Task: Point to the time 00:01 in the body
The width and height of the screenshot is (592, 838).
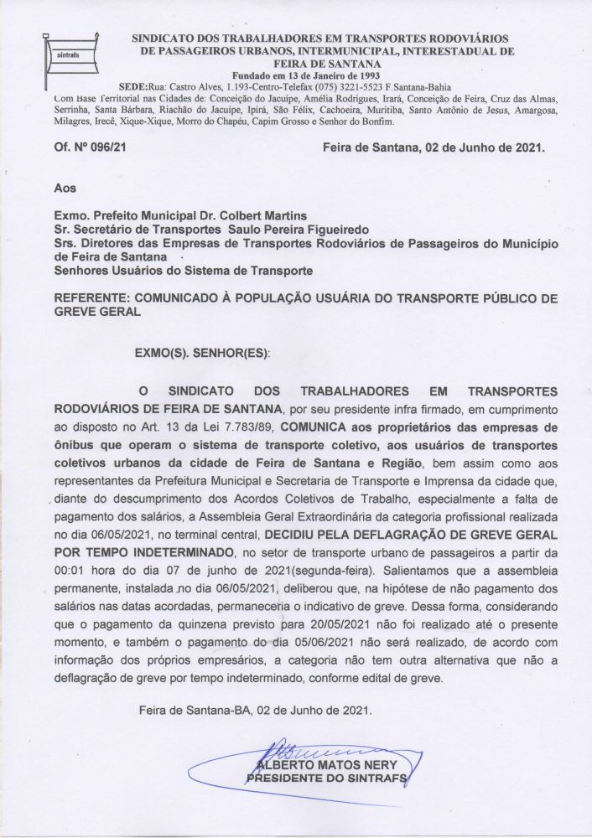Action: tap(67, 570)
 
